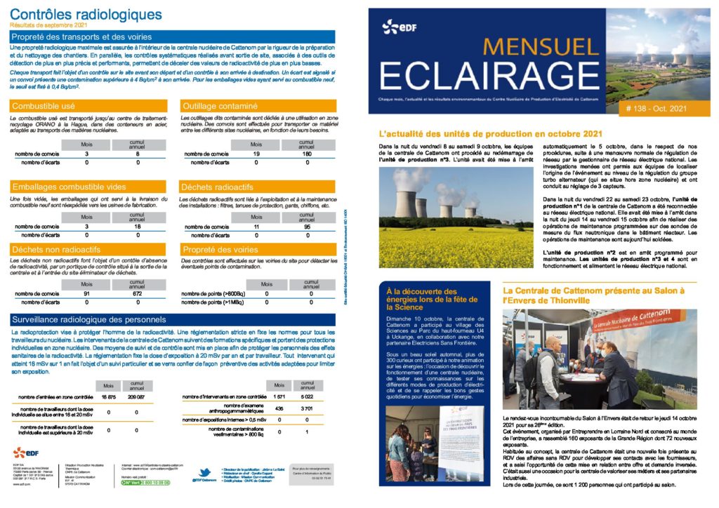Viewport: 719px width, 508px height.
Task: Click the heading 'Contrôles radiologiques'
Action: pos(86,13)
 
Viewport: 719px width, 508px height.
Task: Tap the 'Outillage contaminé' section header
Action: pos(218,106)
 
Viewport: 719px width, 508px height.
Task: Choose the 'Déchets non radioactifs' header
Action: pos(55,248)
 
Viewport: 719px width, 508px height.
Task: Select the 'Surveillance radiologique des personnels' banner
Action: pos(89,319)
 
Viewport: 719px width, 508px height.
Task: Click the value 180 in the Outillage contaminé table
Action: pos(306,153)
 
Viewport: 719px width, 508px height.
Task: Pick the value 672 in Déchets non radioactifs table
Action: pos(137,293)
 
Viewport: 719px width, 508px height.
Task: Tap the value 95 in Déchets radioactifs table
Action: pos(306,227)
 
